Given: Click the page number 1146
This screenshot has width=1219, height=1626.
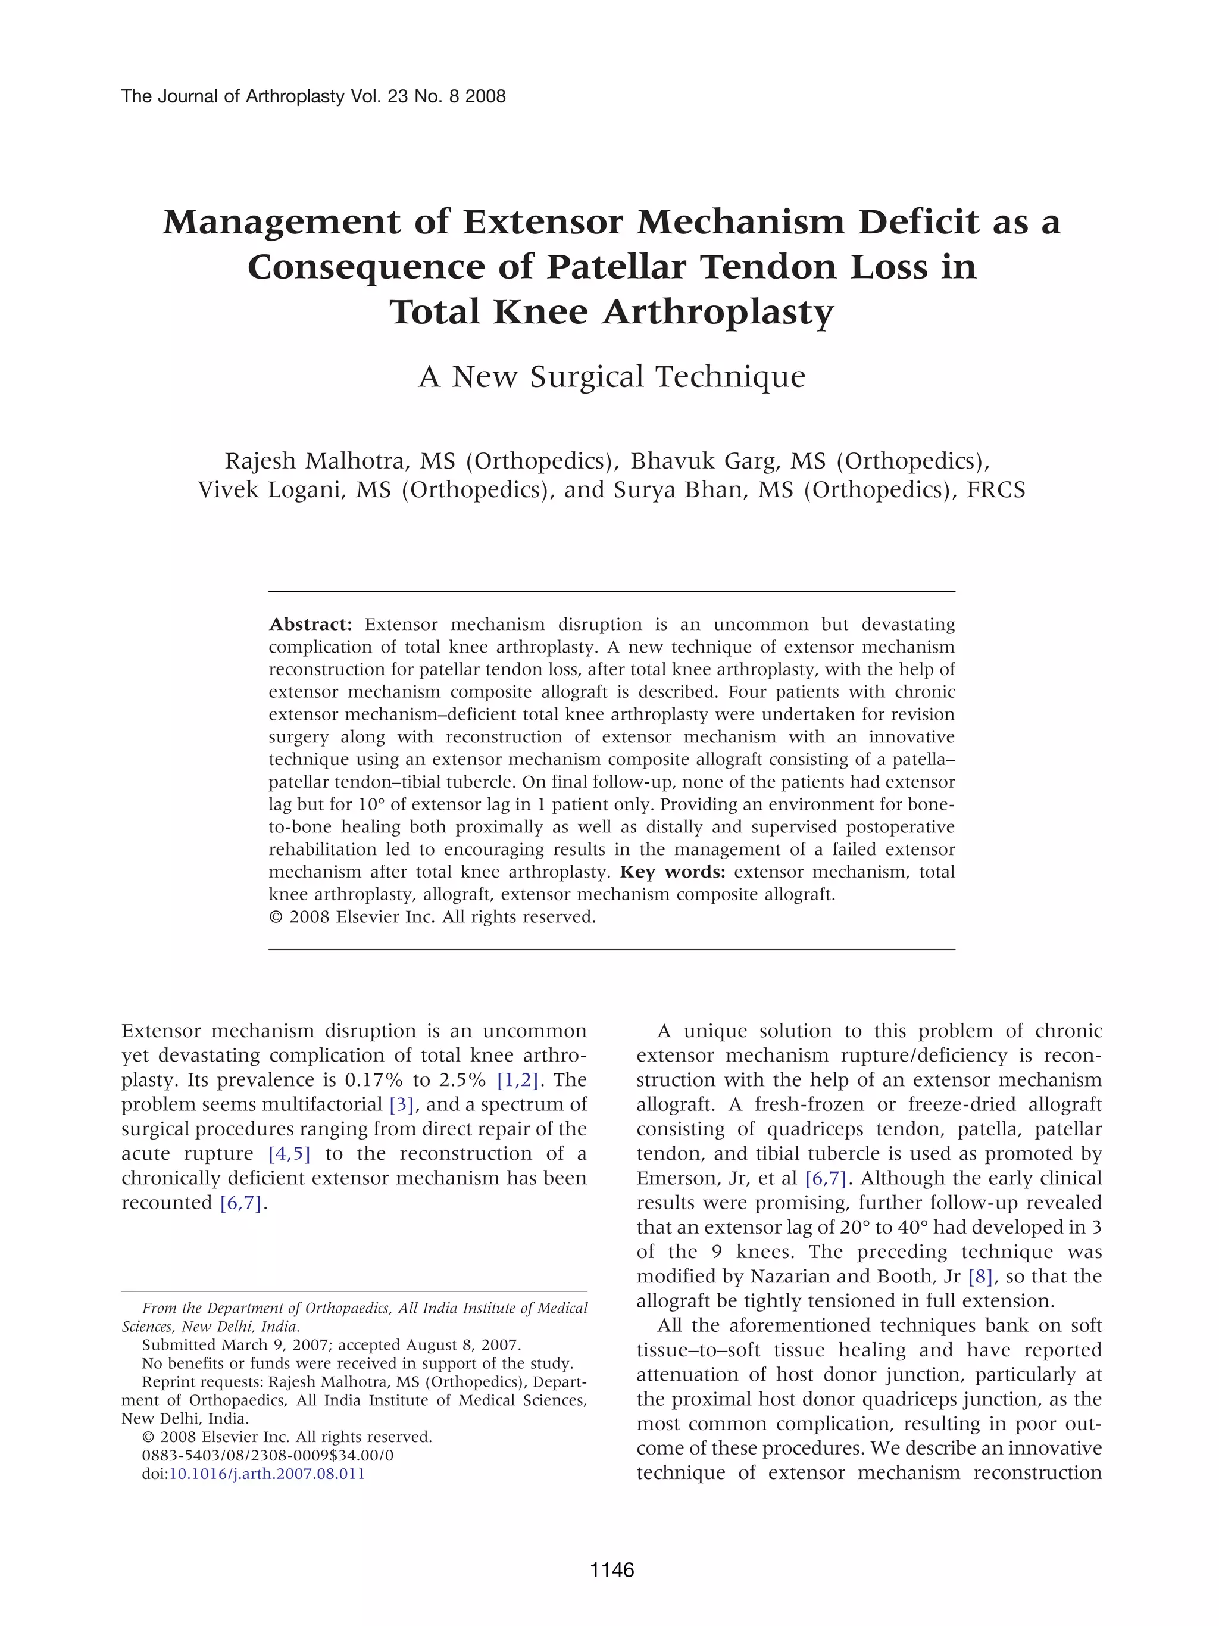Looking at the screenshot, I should (x=611, y=1570).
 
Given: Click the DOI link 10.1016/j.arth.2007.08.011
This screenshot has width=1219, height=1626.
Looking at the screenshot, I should (x=267, y=1473).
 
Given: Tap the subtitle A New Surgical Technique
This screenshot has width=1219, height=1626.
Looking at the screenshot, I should (x=611, y=376).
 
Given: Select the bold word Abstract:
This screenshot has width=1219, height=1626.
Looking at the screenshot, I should (x=310, y=624).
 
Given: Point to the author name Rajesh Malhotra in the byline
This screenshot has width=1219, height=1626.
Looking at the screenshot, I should (x=314, y=461).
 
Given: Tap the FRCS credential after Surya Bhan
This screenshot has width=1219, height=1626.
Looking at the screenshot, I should (x=996, y=489).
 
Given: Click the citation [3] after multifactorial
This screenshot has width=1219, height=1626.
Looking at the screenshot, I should (x=402, y=1104).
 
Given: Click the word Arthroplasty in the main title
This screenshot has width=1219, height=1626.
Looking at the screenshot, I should (x=718, y=313).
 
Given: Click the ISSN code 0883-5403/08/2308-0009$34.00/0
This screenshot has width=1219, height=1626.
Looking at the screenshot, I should (x=267, y=1455).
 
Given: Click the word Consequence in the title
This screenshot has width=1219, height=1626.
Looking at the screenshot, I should (x=365, y=267).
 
